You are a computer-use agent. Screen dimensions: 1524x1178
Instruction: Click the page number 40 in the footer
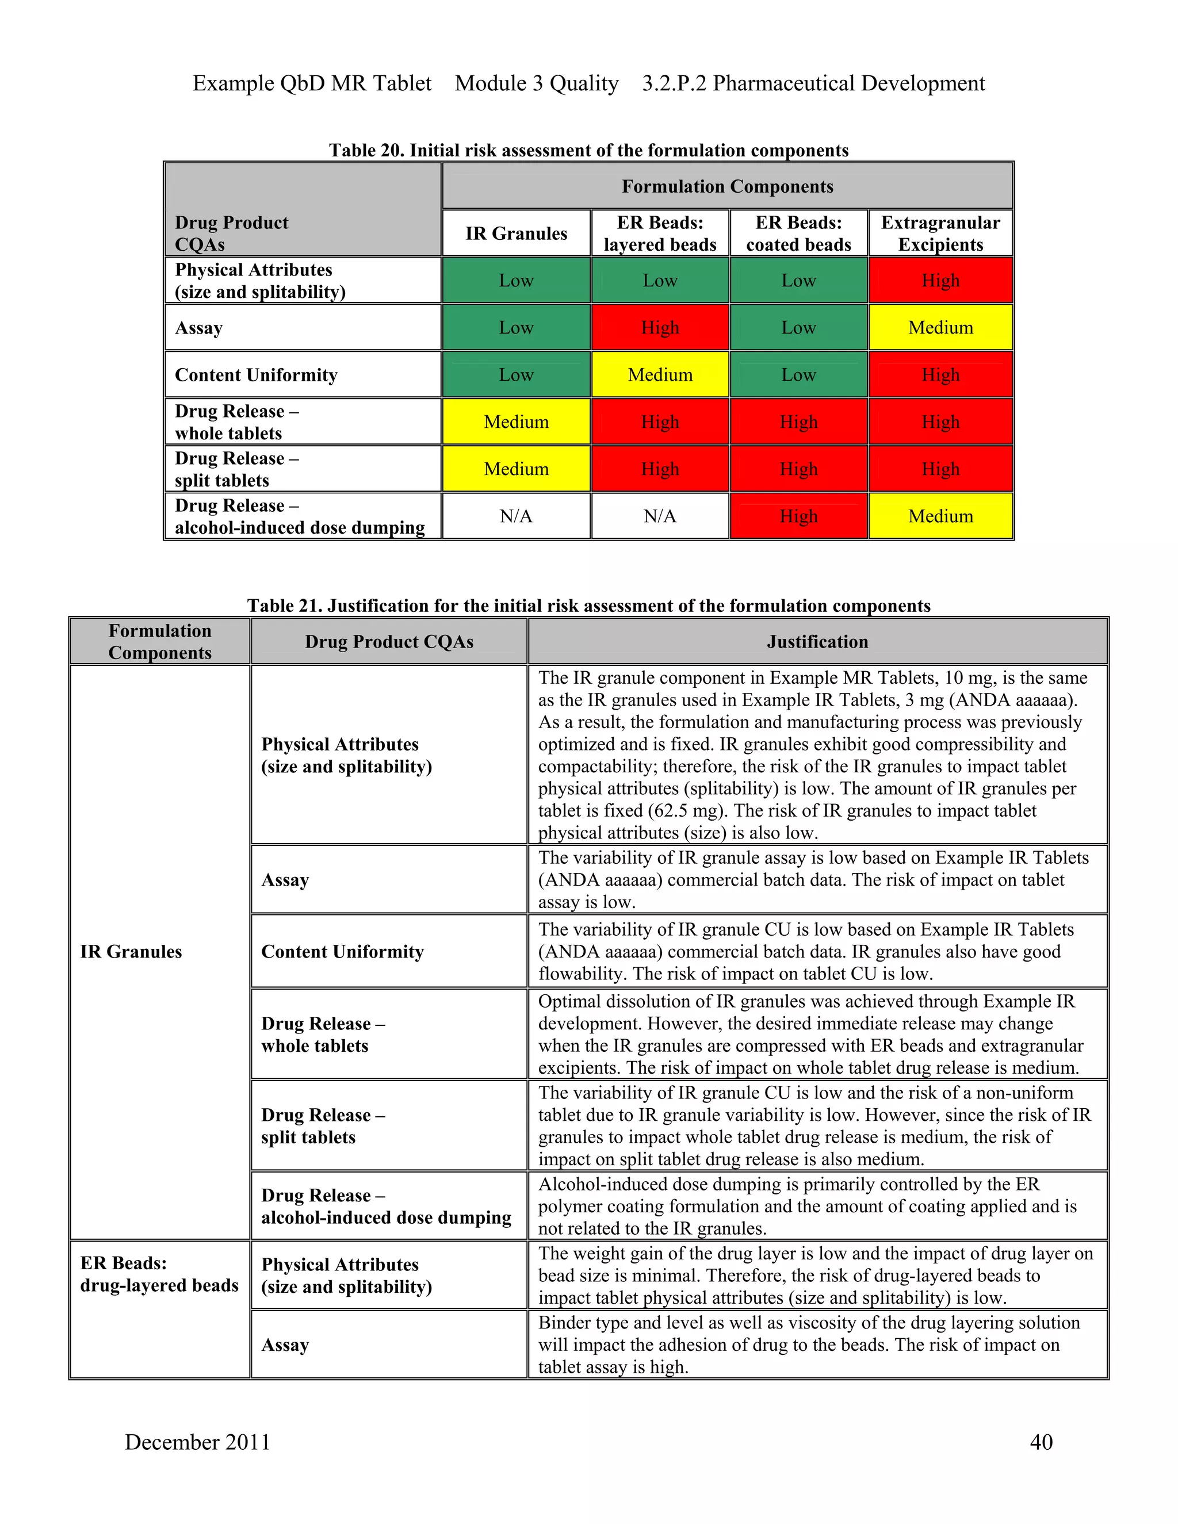tap(1041, 1442)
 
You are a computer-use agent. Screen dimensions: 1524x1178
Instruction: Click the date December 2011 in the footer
tap(197, 1442)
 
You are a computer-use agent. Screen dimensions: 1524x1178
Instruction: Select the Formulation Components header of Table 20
tap(727, 186)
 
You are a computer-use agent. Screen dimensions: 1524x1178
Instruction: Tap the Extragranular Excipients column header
tap(940, 233)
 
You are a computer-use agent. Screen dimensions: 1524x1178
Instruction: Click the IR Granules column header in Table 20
tap(517, 233)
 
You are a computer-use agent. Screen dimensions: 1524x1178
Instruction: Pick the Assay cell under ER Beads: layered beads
tap(660, 327)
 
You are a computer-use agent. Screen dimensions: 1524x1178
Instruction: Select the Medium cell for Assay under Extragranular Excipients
tap(940, 327)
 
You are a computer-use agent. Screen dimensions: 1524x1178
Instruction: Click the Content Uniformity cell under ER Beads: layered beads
tap(660, 375)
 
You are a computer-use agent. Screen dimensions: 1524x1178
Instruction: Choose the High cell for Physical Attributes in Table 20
tap(940, 281)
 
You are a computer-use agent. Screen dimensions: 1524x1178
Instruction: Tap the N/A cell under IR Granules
tap(517, 516)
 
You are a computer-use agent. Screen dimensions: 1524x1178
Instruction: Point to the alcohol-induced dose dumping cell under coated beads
tap(798, 516)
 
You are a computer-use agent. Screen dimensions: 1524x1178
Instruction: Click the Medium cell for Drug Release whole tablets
tap(517, 422)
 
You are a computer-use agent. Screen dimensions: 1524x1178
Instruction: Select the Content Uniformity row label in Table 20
tap(256, 375)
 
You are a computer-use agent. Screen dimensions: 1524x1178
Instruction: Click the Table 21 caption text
tap(588, 605)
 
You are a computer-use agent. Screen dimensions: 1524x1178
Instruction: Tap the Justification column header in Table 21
tap(817, 641)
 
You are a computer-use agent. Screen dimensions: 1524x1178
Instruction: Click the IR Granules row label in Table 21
tap(131, 952)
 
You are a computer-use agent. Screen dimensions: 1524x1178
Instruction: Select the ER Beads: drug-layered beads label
tap(159, 1274)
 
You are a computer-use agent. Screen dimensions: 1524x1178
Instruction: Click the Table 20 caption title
tap(588, 150)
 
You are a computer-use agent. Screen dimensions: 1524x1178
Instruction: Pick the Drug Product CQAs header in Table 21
tap(389, 641)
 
